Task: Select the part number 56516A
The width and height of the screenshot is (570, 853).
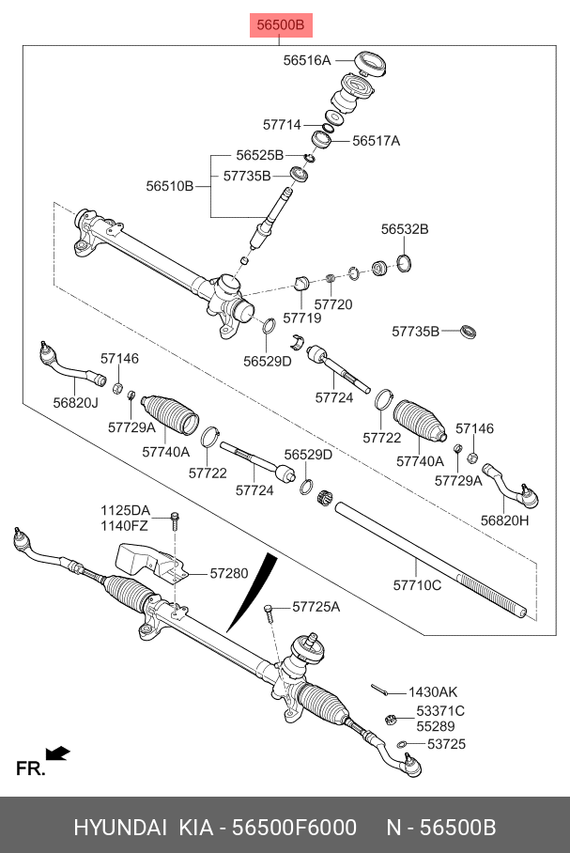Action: pos(307,60)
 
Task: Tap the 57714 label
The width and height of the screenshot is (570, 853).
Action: pos(282,124)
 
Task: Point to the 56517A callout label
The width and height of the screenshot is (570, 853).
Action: pos(376,141)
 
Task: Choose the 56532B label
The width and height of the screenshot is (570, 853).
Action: pos(405,229)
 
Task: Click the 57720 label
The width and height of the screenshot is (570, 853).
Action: pos(333,304)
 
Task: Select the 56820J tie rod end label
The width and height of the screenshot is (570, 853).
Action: pos(75,402)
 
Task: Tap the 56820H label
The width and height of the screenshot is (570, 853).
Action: pos(505,520)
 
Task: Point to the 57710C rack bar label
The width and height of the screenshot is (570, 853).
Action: pos(417,585)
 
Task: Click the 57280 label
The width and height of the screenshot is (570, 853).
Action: pos(228,572)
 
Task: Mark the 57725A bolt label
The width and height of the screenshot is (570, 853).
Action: pos(316,607)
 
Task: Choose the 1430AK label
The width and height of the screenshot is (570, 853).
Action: pos(434,692)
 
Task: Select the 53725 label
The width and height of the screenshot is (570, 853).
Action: pos(446,744)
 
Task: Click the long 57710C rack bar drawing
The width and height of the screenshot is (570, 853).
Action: pos(432,558)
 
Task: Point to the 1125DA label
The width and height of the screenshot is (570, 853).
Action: pos(126,509)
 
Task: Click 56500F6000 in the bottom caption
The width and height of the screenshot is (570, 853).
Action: pos(294,828)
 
